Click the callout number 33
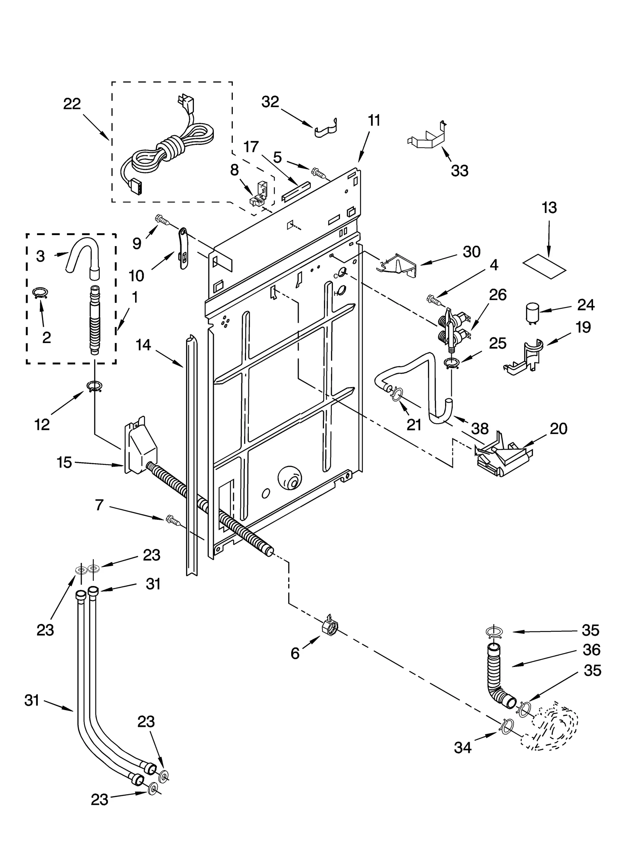pyautogui.click(x=459, y=171)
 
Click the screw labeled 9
pyautogui.click(x=162, y=220)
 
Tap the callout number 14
pyautogui.click(x=143, y=345)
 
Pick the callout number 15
pyautogui.click(x=65, y=463)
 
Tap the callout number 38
pyautogui.click(x=479, y=429)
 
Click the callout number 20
pyautogui.click(x=559, y=429)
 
